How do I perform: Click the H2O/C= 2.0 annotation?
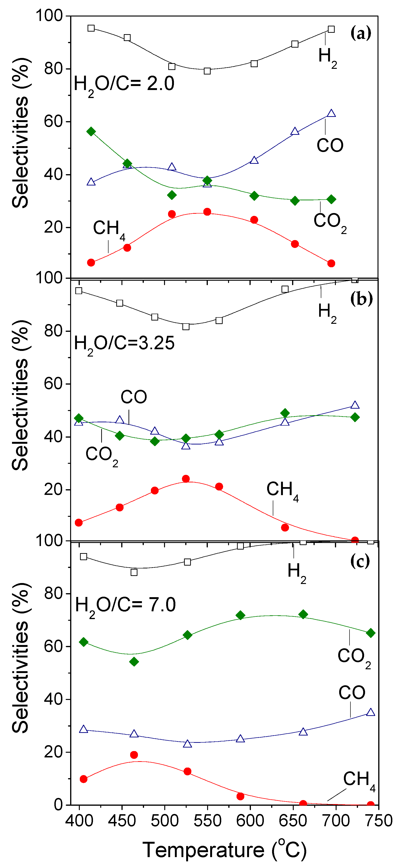(124, 84)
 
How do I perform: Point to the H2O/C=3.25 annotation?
(124, 344)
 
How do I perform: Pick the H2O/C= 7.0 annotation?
(125, 605)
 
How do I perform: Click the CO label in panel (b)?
(133, 397)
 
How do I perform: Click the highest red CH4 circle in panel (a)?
(207, 212)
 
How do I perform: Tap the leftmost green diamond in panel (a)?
(91, 131)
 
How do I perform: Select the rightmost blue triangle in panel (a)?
(331, 113)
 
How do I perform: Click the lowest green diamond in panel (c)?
(134, 662)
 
